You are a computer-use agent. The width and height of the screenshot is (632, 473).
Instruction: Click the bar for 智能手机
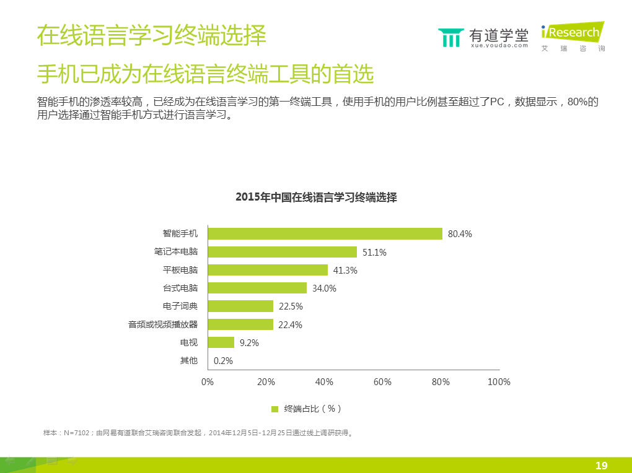click(x=325, y=233)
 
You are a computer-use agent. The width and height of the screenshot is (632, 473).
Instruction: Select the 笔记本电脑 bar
click(x=283, y=252)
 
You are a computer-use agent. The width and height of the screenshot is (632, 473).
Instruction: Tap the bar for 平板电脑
click(x=268, y=270)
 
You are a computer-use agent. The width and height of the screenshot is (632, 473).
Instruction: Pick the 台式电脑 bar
click(x=257, y=288)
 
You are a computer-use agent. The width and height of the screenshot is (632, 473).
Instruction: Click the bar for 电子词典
click(x=240, y=306)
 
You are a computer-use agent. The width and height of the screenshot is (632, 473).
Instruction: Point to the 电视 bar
click(x=221, y=342)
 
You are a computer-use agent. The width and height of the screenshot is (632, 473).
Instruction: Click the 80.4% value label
click(x=460, y=234)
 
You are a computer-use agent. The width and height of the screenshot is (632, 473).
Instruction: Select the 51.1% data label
click(x=374, y=252)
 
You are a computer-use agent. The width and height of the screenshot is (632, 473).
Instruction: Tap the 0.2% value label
click(x=223, y=361)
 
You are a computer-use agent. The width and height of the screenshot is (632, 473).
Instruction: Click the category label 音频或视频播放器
click(x=163, y=324)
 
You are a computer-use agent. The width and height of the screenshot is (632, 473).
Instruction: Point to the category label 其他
click(x=189, y=360)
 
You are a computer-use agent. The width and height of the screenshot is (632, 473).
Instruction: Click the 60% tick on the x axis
click(x=382, y=382)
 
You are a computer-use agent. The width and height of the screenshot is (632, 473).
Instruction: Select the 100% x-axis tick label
click(x=499, y=382)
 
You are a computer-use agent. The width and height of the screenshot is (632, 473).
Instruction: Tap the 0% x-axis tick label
click(x=208, y=382)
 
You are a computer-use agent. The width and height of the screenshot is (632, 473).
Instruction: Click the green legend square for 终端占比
click(x=275, y=409)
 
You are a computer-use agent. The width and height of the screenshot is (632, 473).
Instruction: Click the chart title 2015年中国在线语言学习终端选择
click(x=316, y=197)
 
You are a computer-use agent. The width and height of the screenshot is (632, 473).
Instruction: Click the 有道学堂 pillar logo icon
click(x=450, y=37)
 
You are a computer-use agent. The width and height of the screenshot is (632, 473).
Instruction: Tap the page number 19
click(x=601, y=466)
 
